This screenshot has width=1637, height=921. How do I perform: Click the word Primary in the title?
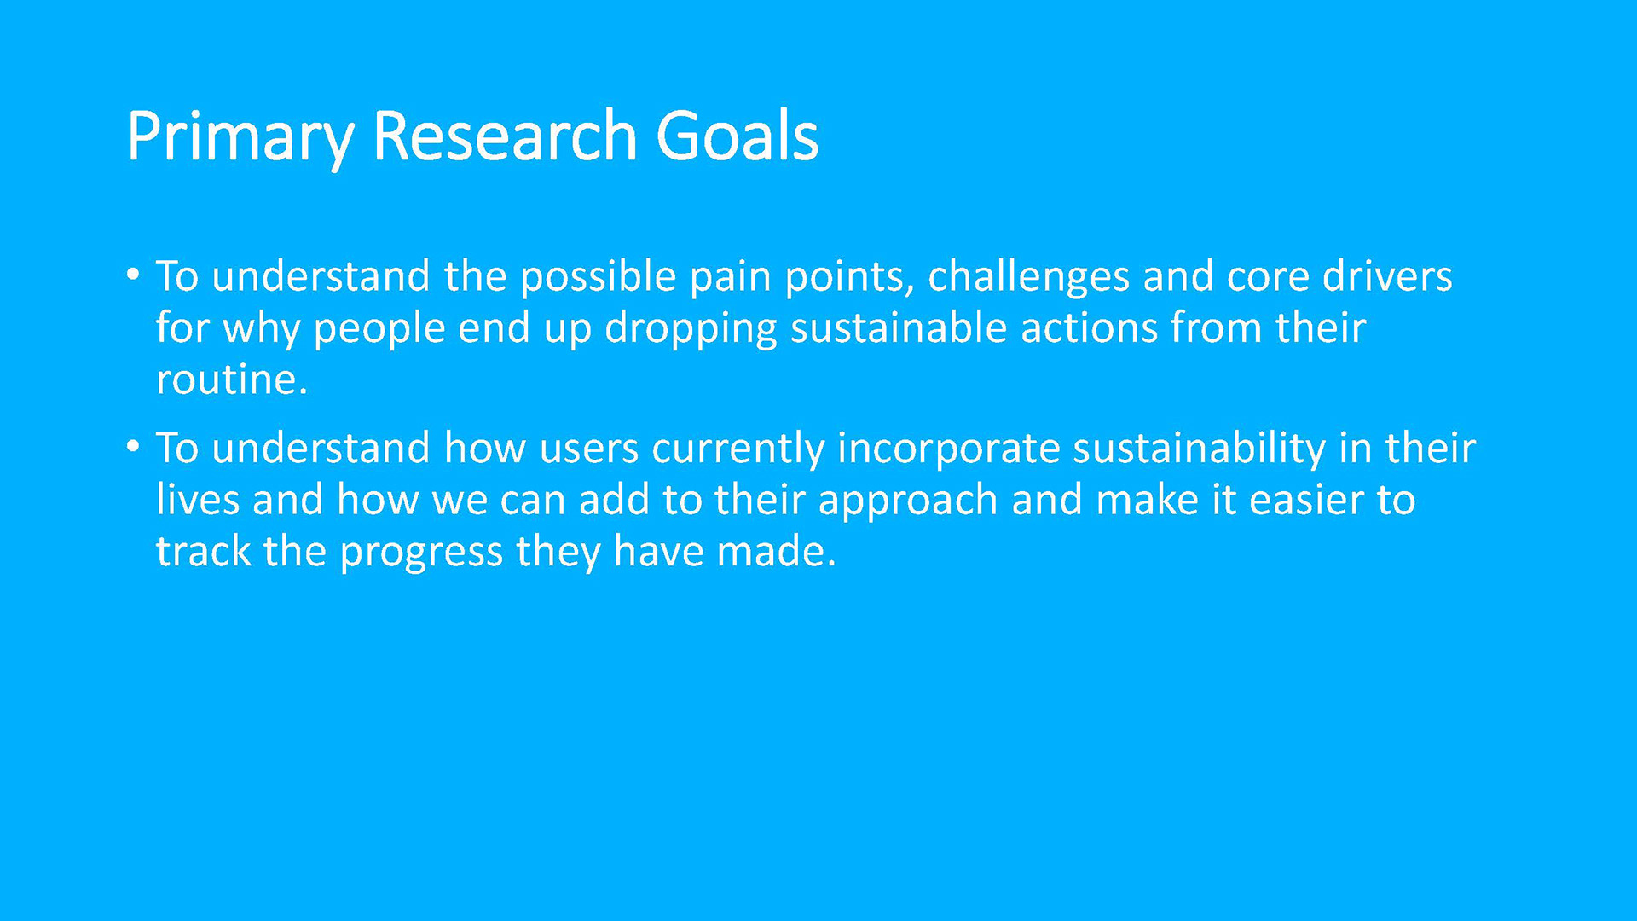pyautogui.click(x=240, y=138)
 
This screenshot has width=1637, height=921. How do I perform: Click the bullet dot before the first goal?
pyautogui.click(x=132, y=275)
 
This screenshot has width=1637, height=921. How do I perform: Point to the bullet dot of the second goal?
pyautogui.click(x=132, y=447)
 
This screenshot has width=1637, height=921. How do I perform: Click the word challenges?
pyautogui.click(x=1028, y=278)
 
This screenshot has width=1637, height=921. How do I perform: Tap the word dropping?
pyautogui.click(x=691, y=330)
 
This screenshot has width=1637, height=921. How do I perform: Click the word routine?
pyautogui.click(x=232, y=379)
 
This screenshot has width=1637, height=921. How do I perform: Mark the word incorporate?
pyautogui.click(x=948, y=450)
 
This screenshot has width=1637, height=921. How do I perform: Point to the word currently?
pyautogui.click(x=738, y=450)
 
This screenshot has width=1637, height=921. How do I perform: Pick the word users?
pyautogui.click(x=589, y=450)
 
